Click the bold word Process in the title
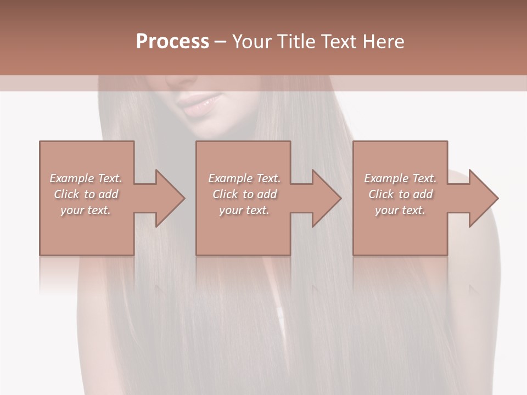(x=172, y=42)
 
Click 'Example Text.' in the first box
(x=86, y=178)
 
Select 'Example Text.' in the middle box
(x=244, y=178)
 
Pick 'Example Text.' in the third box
(x=400, y=178)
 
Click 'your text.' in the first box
(x=86, y=210)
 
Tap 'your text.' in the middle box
(x=244, y=210)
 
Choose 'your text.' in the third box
(x=400, y=210)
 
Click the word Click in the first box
(x=66, y=194)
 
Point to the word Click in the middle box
(x=225, y=194)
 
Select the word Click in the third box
(x=381, y=194)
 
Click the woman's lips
(x=200, y=103)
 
